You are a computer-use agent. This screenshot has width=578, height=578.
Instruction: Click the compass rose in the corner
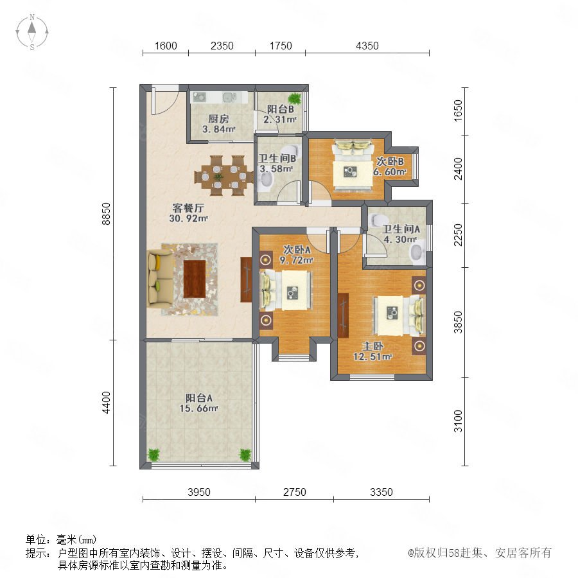[32, 32]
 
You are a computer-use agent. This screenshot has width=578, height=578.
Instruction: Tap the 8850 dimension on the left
[106, 214]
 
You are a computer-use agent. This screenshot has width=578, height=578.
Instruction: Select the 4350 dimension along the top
[367, 46]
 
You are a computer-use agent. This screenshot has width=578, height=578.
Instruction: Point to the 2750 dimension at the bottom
[295, 492]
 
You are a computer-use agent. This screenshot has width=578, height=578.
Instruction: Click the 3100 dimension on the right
[458, 421]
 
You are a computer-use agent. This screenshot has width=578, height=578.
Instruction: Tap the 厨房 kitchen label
[218, 119]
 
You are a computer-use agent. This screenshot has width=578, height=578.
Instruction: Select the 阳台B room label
[280, 109]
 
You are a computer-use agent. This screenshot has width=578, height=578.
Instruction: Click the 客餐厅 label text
[188, 208]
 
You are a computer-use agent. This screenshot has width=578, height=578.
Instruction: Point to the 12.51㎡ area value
[372, 357]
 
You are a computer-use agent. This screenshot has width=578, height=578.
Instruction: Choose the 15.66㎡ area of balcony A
[198, 408]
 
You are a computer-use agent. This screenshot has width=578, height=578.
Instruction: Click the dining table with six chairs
[223, 176]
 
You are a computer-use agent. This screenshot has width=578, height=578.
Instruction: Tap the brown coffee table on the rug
[195, 279]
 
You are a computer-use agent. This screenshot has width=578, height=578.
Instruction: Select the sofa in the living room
[159, 278]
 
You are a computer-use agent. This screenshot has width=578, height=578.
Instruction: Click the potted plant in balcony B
[294, 98]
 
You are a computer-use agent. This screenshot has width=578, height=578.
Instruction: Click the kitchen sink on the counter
[229, 98]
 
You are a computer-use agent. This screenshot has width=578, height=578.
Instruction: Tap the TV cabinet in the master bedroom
[343, 315]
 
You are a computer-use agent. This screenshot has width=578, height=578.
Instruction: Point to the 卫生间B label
[277, 159]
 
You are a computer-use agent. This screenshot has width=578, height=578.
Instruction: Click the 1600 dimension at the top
[166, 46]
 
